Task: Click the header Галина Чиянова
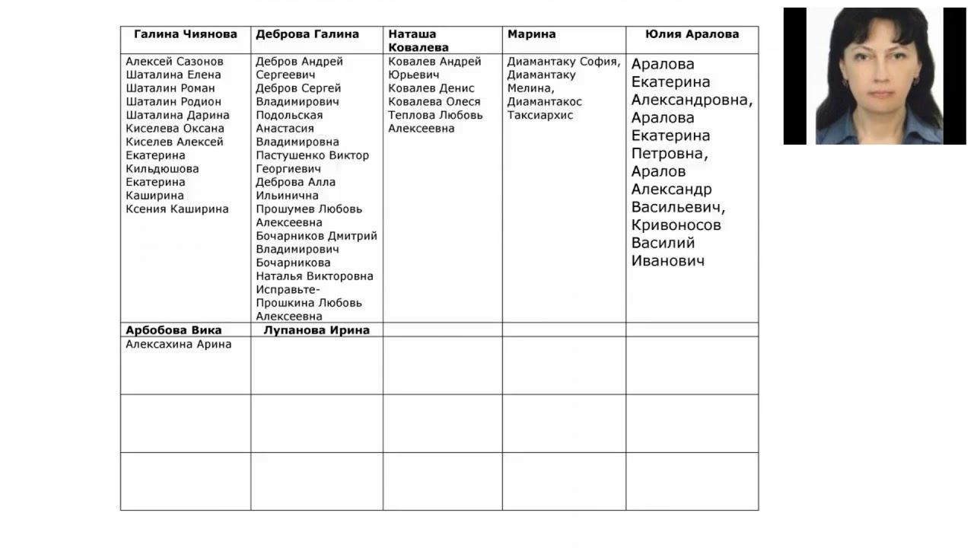(186, 34)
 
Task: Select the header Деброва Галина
(307, 34)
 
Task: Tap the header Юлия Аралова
(692, 34)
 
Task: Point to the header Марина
(531, 34)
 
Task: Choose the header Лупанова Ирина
(317, 330)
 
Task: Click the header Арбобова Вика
(173, 330)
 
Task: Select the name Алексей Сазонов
(175, 62)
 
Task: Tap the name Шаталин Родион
(173, 102)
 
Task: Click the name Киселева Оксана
(175, 129)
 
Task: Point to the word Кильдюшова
(162, 169)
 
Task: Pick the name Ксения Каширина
(177, 209)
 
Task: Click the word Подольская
(289, 116)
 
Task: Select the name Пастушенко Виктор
(312, 156)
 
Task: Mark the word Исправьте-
(288, 290)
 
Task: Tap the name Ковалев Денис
(431, 88)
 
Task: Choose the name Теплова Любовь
(435, 116)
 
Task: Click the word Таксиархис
(540, 116)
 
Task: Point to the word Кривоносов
(676, 225)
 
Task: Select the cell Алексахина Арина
(179, 345)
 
